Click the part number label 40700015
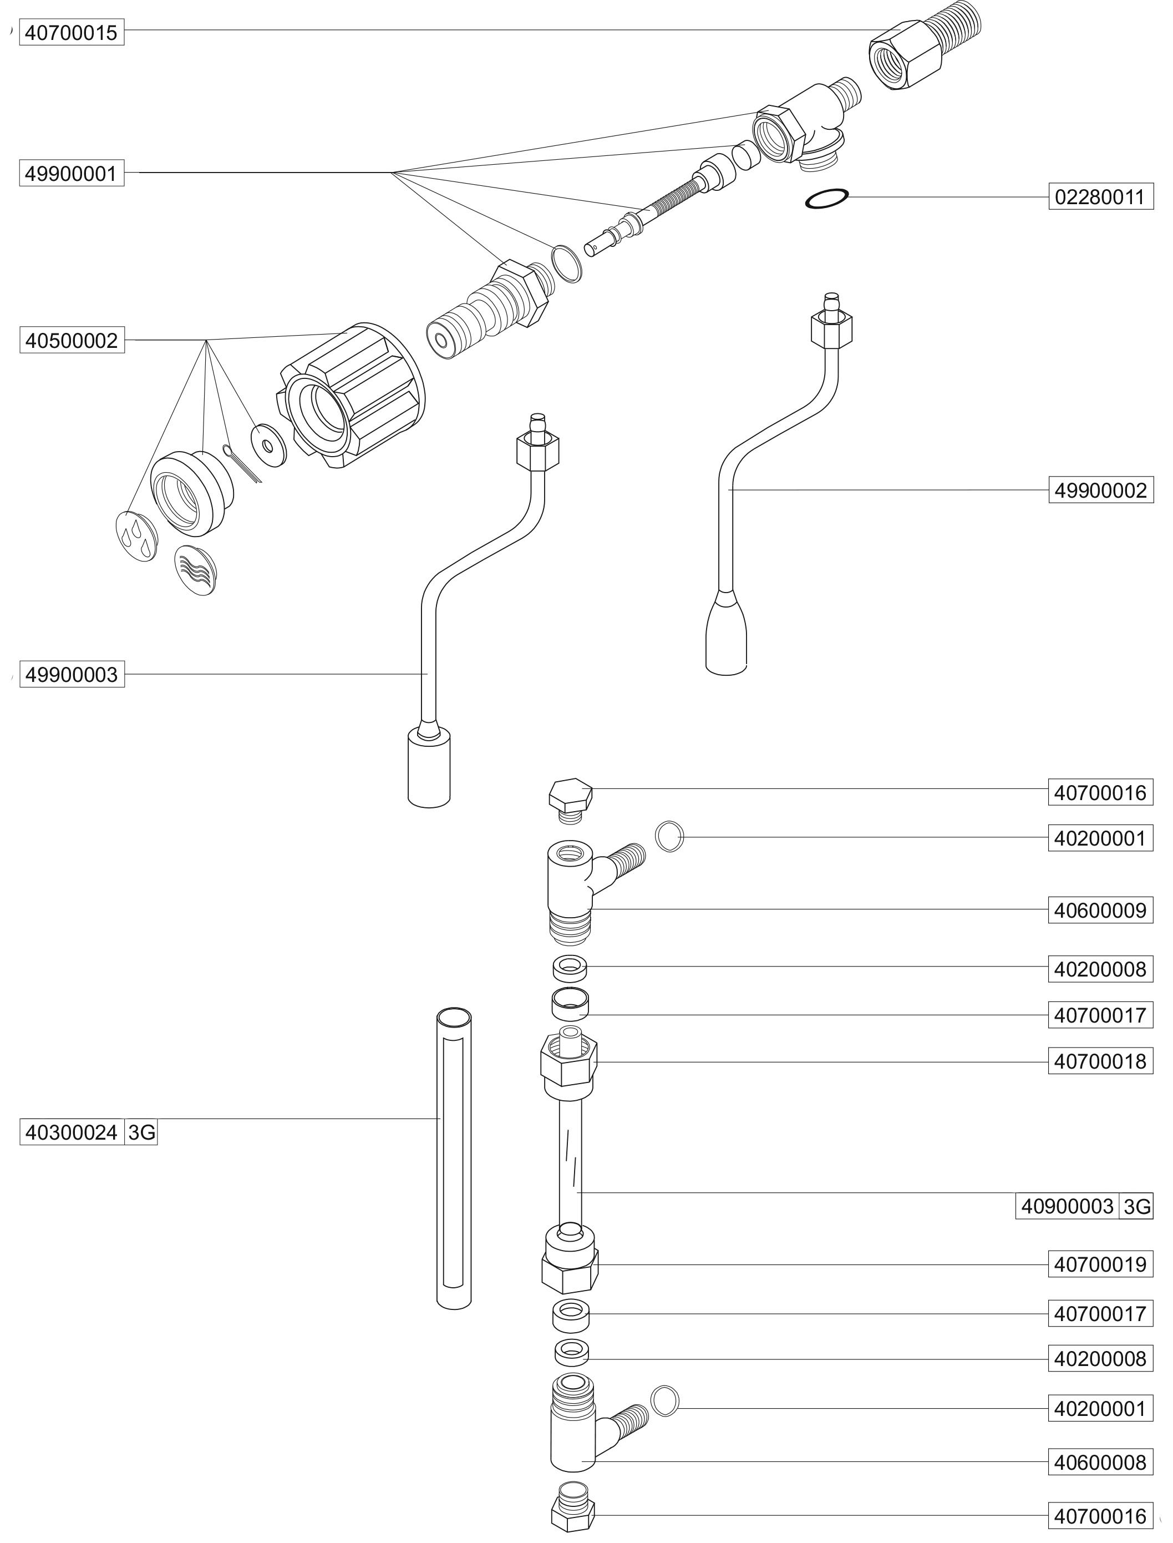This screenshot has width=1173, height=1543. [71, 33]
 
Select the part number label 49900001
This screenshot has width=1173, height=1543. [71, 173]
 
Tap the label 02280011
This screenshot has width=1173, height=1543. [1100, 197]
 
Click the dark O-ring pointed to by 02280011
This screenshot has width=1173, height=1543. [827, 199]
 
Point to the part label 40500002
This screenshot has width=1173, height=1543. [71, 341]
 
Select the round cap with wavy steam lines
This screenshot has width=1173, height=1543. [195, 570]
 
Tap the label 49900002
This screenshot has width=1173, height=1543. [1100, 490]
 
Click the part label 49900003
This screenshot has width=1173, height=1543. [71, 675]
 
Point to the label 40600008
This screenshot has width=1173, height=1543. [1100, 1462]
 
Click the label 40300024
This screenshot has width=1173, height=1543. [71, 1132]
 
